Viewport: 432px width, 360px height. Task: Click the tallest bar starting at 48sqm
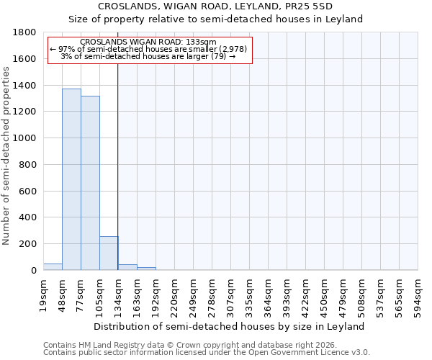(71, 179)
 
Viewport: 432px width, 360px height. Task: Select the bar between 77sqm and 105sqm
(90, 183)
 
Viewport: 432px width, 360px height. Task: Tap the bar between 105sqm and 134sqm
(109, 253)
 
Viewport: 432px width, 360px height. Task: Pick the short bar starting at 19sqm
(53, 266)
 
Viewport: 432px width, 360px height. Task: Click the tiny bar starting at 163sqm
(146, 269)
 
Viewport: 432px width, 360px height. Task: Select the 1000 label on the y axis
(27, 138)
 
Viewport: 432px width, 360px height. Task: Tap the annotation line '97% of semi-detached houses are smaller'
(150, 49)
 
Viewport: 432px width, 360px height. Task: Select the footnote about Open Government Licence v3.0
(207, 353)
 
